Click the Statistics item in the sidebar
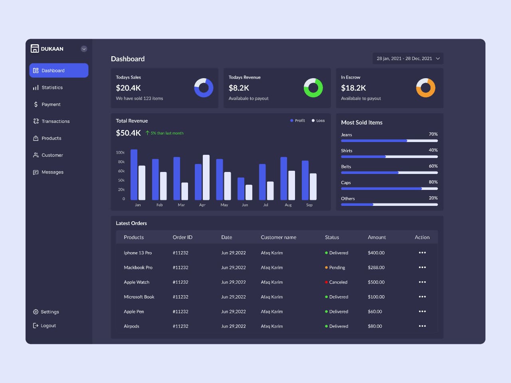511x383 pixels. tap(52, 87)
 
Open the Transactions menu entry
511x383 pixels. tap(55, 121)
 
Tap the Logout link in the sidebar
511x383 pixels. tap(48, 326)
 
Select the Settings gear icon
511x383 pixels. tap(36, 312)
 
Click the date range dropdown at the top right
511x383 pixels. tap(408, 59)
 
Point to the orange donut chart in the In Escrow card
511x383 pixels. tap(426, 88)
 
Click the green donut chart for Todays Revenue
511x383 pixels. tap(313, 88)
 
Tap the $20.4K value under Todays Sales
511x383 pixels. tap(128, 88)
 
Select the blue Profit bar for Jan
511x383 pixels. tap(134, 175)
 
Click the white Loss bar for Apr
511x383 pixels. tap(206, 177)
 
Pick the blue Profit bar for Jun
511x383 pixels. tap(241, 189)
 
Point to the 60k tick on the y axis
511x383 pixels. tap(121, 171)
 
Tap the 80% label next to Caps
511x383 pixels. tap(433, 182)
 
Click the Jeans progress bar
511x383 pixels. tap(389, 141)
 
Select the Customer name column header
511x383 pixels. tap(278, 237)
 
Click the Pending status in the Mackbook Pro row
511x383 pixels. tap(337, 268)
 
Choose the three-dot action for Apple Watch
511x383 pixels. tap(422, 282)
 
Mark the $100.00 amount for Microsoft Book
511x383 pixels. tap(376, 297)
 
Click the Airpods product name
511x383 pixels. tap(131, 326)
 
